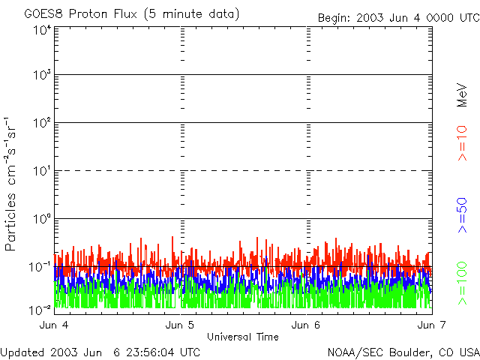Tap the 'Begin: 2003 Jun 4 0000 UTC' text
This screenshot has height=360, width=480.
[x=398, y=18]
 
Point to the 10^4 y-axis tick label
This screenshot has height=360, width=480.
[x=42, y=30]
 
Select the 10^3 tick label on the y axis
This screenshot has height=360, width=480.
[x=42, y=74]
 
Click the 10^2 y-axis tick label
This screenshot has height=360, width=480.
[x=42, y=123]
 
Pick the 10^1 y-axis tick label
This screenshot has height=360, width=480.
[x=42, y=171]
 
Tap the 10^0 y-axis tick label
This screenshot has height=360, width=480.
[x=42, y=219]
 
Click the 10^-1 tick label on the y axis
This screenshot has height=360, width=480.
[x=40, y=267]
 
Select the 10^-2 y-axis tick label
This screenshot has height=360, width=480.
[x=40, y=310]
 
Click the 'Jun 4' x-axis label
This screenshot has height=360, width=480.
[x=54, y=325]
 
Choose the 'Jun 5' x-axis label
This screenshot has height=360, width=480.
[x=180, y=325]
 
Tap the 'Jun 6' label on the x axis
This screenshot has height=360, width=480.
[x=306, y=325]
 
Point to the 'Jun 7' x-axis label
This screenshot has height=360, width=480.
[x=432, y=325]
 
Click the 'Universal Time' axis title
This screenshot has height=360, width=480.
[x=243, y=337]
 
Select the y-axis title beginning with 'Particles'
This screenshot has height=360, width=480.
[x=10, y=184]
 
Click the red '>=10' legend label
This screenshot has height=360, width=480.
[x=462, y=143]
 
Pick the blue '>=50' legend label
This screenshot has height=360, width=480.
[x=462, y=215]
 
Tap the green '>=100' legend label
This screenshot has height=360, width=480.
[x=462, y=283]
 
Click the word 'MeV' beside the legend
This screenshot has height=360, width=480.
[x=462, y=95]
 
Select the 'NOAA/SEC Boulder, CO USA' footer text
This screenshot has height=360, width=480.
[x=403, y=352]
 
